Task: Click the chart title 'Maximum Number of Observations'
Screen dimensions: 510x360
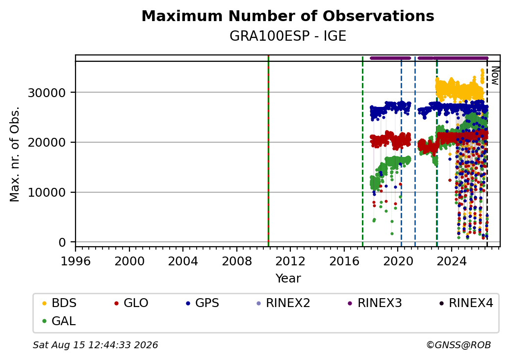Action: pos(288,16)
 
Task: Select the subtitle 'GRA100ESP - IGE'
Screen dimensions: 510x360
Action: pos(288,36)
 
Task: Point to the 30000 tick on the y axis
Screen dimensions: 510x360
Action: pos(47,93)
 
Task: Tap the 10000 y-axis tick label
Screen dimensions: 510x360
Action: pos(47,193)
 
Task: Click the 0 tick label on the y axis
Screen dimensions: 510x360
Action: pos(62,243)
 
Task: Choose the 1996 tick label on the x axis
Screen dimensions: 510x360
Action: pos(76,261)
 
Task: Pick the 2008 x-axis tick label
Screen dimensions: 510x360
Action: pos(237,261)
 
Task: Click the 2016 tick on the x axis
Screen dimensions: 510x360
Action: pos(344,261)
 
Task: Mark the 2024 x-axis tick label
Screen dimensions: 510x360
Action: pos(452,261)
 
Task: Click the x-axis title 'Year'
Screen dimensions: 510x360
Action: pos(288,279)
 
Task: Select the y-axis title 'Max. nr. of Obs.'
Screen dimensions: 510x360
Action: pos(15,154)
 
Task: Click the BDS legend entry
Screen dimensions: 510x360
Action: pos(59,303)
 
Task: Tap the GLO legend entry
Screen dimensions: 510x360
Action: pos(131,303)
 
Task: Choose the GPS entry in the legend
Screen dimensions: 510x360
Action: pos(203,303)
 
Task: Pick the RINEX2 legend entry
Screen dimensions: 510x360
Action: pos(283,303)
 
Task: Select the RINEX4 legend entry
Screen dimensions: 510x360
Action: pos(466,303)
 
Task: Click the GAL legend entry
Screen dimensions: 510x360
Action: pos(59,321)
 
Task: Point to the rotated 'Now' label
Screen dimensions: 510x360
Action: pos(495,76)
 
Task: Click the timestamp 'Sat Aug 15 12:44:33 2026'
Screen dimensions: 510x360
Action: pos(95,345)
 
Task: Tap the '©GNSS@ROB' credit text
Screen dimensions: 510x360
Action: pos(459,345)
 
